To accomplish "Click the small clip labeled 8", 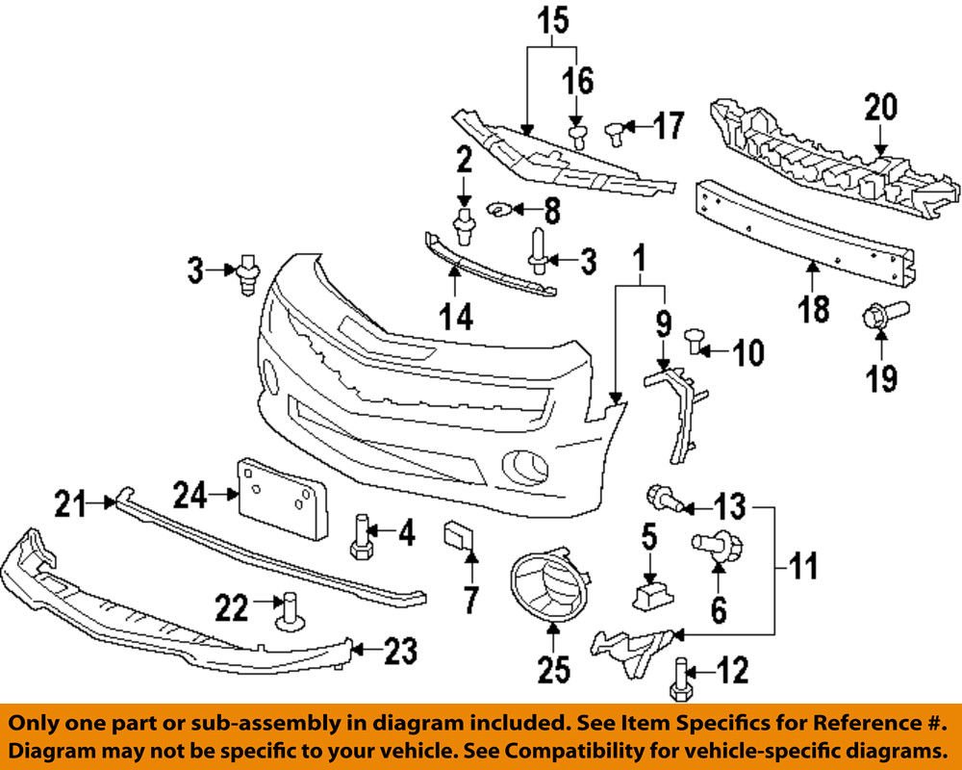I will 500,208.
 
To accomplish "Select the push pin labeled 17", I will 616,129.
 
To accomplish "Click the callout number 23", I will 400,653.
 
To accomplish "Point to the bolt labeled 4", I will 361,536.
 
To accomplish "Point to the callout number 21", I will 68,500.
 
